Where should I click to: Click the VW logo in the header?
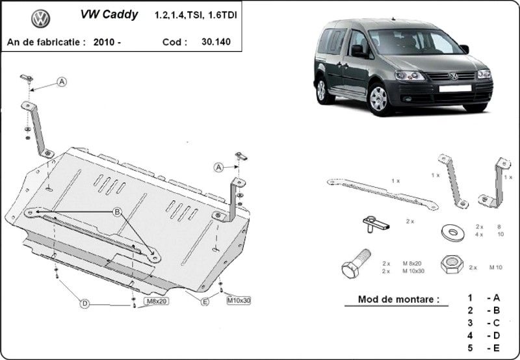click(40, 19)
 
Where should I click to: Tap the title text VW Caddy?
click(109, 14)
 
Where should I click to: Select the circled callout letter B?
click(118, 212)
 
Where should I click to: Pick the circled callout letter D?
click(84, 302)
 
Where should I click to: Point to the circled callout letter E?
click(205, 301)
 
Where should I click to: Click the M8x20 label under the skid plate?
click(157, 302)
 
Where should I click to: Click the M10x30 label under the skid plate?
click(239, 300)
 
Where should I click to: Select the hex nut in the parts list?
click(450, 265)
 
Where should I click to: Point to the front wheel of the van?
click(378, 99)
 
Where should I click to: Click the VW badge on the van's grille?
click(453, 77)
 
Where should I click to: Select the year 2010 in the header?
click(106, 42)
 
